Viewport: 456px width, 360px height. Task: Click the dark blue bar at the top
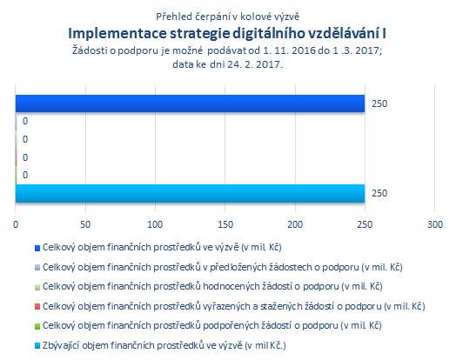[x=190, y=103]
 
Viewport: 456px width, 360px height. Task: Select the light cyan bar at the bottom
[x=190, y=193]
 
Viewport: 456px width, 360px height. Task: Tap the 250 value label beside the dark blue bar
[x=379, y=103]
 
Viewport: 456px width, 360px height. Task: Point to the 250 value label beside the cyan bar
[x=379, y=193]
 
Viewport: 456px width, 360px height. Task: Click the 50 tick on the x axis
[x=85, y=224]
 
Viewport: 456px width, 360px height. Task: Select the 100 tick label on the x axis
[x=155, y=224]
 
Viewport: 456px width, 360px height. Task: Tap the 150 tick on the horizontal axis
[x=225, y=224]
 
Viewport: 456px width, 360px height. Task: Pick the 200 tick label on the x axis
[x=295, y=224]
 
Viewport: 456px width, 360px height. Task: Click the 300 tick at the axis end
[x=435, y=224]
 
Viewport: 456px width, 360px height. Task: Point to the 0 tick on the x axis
[x=16, y=224]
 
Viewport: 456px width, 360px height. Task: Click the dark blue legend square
[x=37, y=248]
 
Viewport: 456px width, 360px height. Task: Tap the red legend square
[x=37, y=307]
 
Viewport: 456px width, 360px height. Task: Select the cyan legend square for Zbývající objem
[x=37, y=346]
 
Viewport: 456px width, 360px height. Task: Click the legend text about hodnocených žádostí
[x=212, y=286]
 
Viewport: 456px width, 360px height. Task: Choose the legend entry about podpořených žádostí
[x=212, y=325]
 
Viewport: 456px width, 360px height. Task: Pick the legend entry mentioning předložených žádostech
[x=223, y=267]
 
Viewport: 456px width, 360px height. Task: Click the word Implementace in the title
[x=117, y=34]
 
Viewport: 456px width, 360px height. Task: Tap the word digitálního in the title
[x=268, y=34]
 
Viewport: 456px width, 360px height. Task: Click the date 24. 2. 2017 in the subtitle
[x=255, y=64]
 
